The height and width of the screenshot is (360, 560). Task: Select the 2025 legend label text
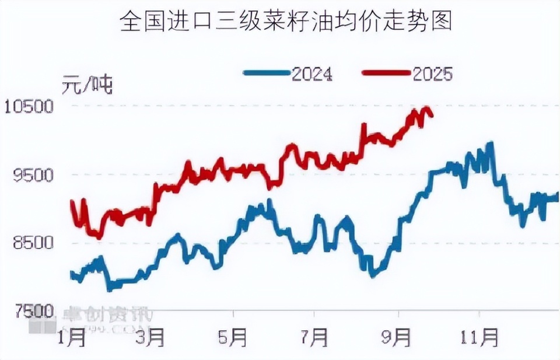pyautogui.click(x=432, y=74)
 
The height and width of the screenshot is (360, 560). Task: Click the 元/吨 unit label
pyautogui.click(x=87, y=86)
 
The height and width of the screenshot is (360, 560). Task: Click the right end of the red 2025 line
pyautogui.click(x=431, y=115)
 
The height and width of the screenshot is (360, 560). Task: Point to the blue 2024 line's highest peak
pyautogui.click(x=491, y=144)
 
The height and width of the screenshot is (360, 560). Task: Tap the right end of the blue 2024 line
pyautogui.click(x=557, y=197)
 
